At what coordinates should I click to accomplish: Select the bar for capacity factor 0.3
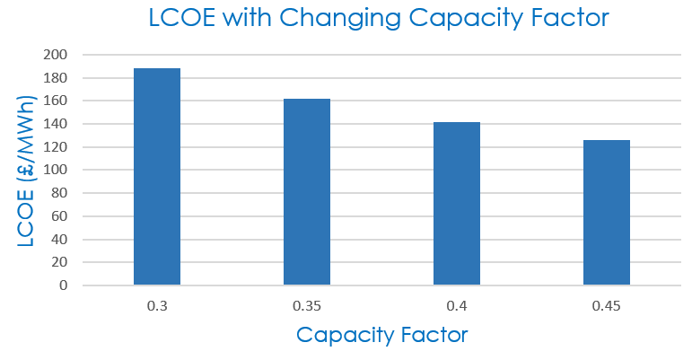click(x=157, y=177)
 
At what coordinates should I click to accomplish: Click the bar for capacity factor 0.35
click(x=307, y=192)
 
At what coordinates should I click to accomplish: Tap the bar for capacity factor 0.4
click(x=457, y=204)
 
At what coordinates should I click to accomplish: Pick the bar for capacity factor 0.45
click(x=607, y=213)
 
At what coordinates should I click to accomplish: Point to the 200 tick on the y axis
click(x=57, y=55)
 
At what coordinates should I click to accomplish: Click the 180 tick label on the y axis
click(x=57, y=78)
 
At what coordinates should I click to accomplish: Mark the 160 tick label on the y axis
click(x=57, y=101)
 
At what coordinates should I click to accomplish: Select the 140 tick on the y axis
click(x=57, y=124)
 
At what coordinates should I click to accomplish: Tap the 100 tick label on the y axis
click(x=57, y=170)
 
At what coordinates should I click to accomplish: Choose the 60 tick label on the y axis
click(x=60, y=216)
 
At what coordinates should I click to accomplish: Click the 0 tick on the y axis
click(x=64, y=285)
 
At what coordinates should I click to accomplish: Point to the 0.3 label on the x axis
click(x=157, y=306)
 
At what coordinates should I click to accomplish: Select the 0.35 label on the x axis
click(x=307, y=306)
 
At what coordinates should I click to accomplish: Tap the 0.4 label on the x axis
click(x=457, y=306)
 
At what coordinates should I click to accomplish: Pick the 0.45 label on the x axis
click(x=607, y=306)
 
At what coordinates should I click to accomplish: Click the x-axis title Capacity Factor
click(x=381, y=336)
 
